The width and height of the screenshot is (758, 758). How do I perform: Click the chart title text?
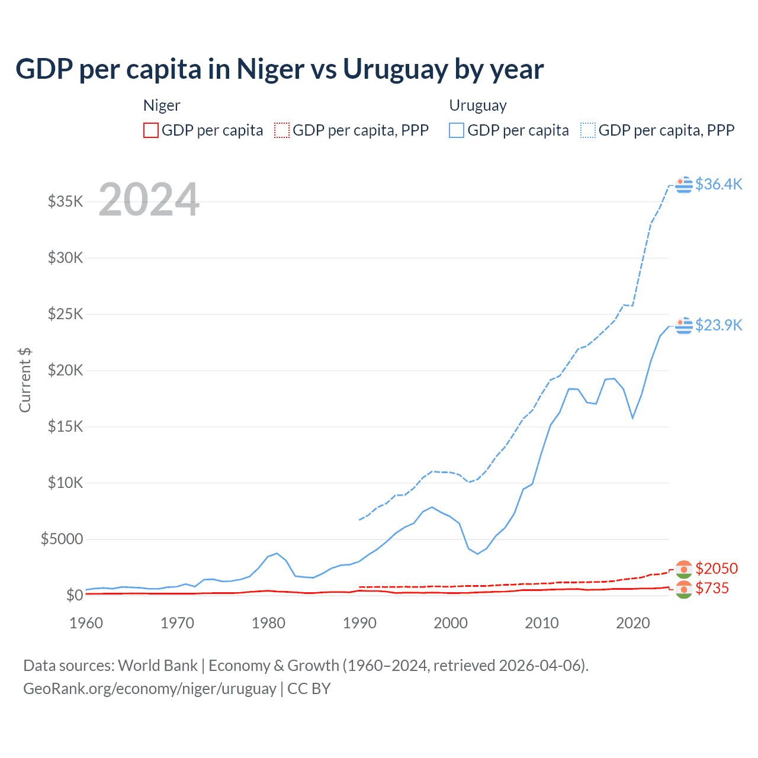coord(280,69)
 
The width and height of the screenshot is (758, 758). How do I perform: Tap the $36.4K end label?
coord(718,184)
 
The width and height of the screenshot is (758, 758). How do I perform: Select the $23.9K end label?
coord(718,325)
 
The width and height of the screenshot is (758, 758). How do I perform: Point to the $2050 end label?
coord(717,568)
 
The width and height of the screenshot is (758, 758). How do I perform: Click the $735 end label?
coord(712,588)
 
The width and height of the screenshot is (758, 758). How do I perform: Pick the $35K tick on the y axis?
coord(66,201)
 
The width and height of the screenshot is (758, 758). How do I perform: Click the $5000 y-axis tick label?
coord(62,539)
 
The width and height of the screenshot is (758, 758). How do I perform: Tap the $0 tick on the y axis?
coord(75,595)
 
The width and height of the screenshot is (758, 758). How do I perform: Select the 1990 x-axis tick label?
coord(359,623)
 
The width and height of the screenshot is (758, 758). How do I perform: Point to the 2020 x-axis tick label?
coord(633,623)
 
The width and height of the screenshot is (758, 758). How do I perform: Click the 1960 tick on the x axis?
coord(86,623)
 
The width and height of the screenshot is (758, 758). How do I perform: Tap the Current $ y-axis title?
coord(25,380)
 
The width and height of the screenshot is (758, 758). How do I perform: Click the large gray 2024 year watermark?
coord(149,200)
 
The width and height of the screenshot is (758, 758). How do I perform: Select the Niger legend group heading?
coord(162,105)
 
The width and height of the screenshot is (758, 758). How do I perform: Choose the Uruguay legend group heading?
coord(478,105)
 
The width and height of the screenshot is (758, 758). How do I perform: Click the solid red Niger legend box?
coord(151,130)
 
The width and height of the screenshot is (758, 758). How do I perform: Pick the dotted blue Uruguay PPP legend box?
coord(588,130)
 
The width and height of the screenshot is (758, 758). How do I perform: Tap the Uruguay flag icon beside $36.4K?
coord(684,185)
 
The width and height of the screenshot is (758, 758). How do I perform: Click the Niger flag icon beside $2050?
coord(684,569)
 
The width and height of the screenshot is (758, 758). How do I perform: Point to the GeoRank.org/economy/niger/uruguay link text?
coord(150,689)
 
